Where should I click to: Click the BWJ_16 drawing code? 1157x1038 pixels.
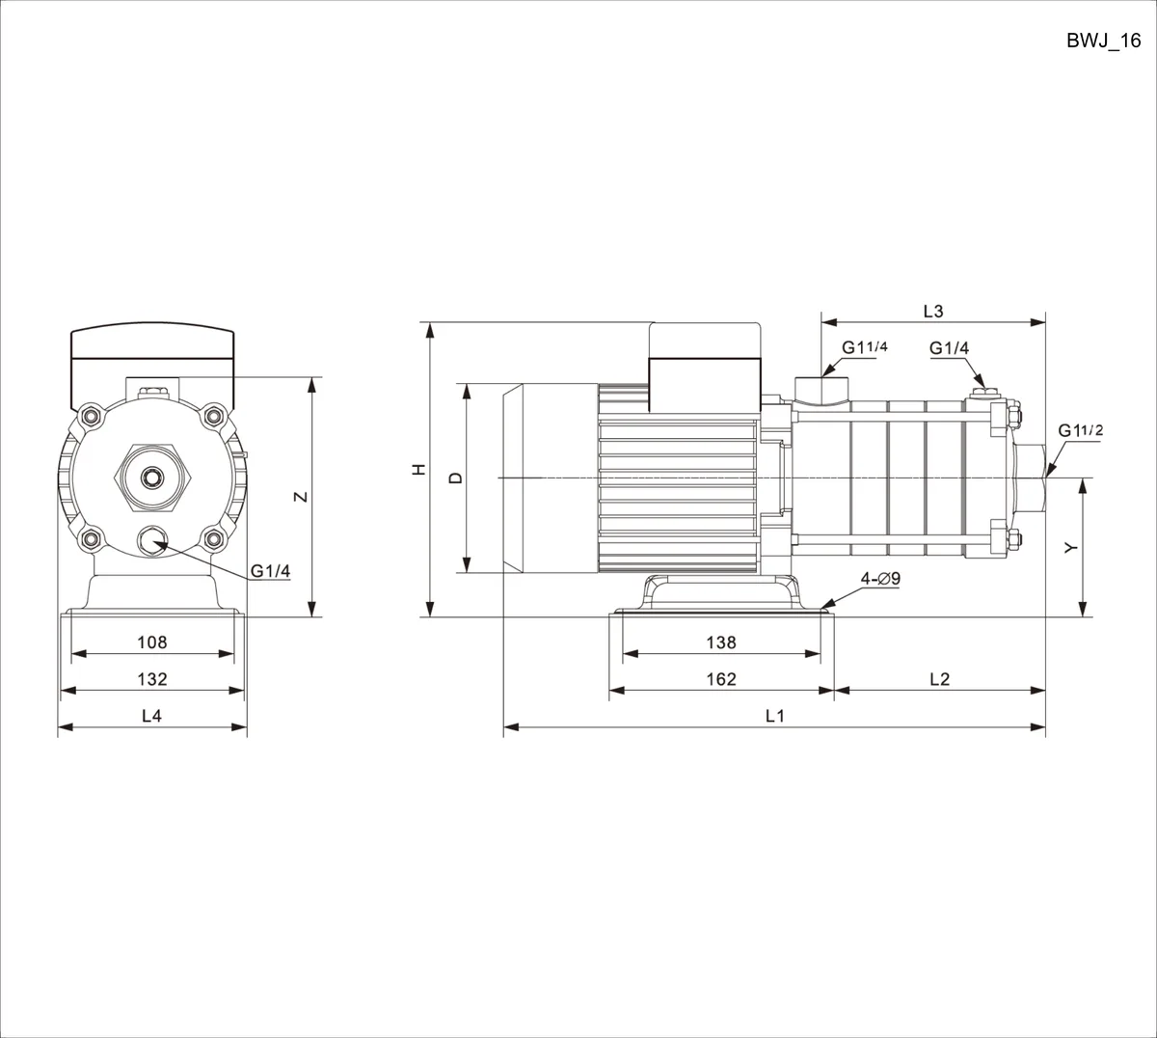click(x=1103, y=41)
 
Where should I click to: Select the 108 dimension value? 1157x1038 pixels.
click(x=152, y=642)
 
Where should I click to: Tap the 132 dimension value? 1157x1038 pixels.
click(x=152, y=679)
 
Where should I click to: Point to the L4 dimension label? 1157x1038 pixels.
click(x=152, y=716)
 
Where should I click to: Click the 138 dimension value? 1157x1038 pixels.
click(x=721, y=642)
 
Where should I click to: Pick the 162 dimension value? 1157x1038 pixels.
click(x=721, y=679)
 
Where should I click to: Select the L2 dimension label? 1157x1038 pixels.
click(x=939, y=679)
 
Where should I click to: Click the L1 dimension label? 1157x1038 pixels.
click(x=775, y=716)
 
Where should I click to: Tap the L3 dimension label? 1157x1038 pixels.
click(x=933, y=311)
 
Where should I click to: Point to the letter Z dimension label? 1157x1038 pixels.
click(x=301, y=497)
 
